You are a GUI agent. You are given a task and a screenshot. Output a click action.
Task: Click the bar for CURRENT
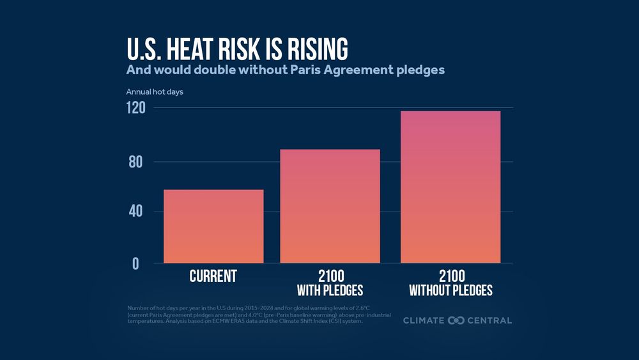[213, 226]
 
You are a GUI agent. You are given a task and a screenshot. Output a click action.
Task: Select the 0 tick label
[135, 263]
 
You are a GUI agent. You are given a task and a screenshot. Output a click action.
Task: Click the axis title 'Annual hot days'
[155, 92]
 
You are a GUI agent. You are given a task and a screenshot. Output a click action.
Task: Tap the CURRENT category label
[213, 276]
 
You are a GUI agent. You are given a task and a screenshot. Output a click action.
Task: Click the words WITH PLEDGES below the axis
[330, 291]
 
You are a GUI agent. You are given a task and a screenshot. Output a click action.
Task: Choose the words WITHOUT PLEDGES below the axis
[450, 291]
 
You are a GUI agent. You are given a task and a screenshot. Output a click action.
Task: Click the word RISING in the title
[312, 50]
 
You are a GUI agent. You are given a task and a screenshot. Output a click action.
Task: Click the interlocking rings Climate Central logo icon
[456, 320]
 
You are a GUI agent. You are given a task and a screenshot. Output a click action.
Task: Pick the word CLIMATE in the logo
[424, 320]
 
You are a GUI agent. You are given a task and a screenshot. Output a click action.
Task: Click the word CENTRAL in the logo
[490, 320]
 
